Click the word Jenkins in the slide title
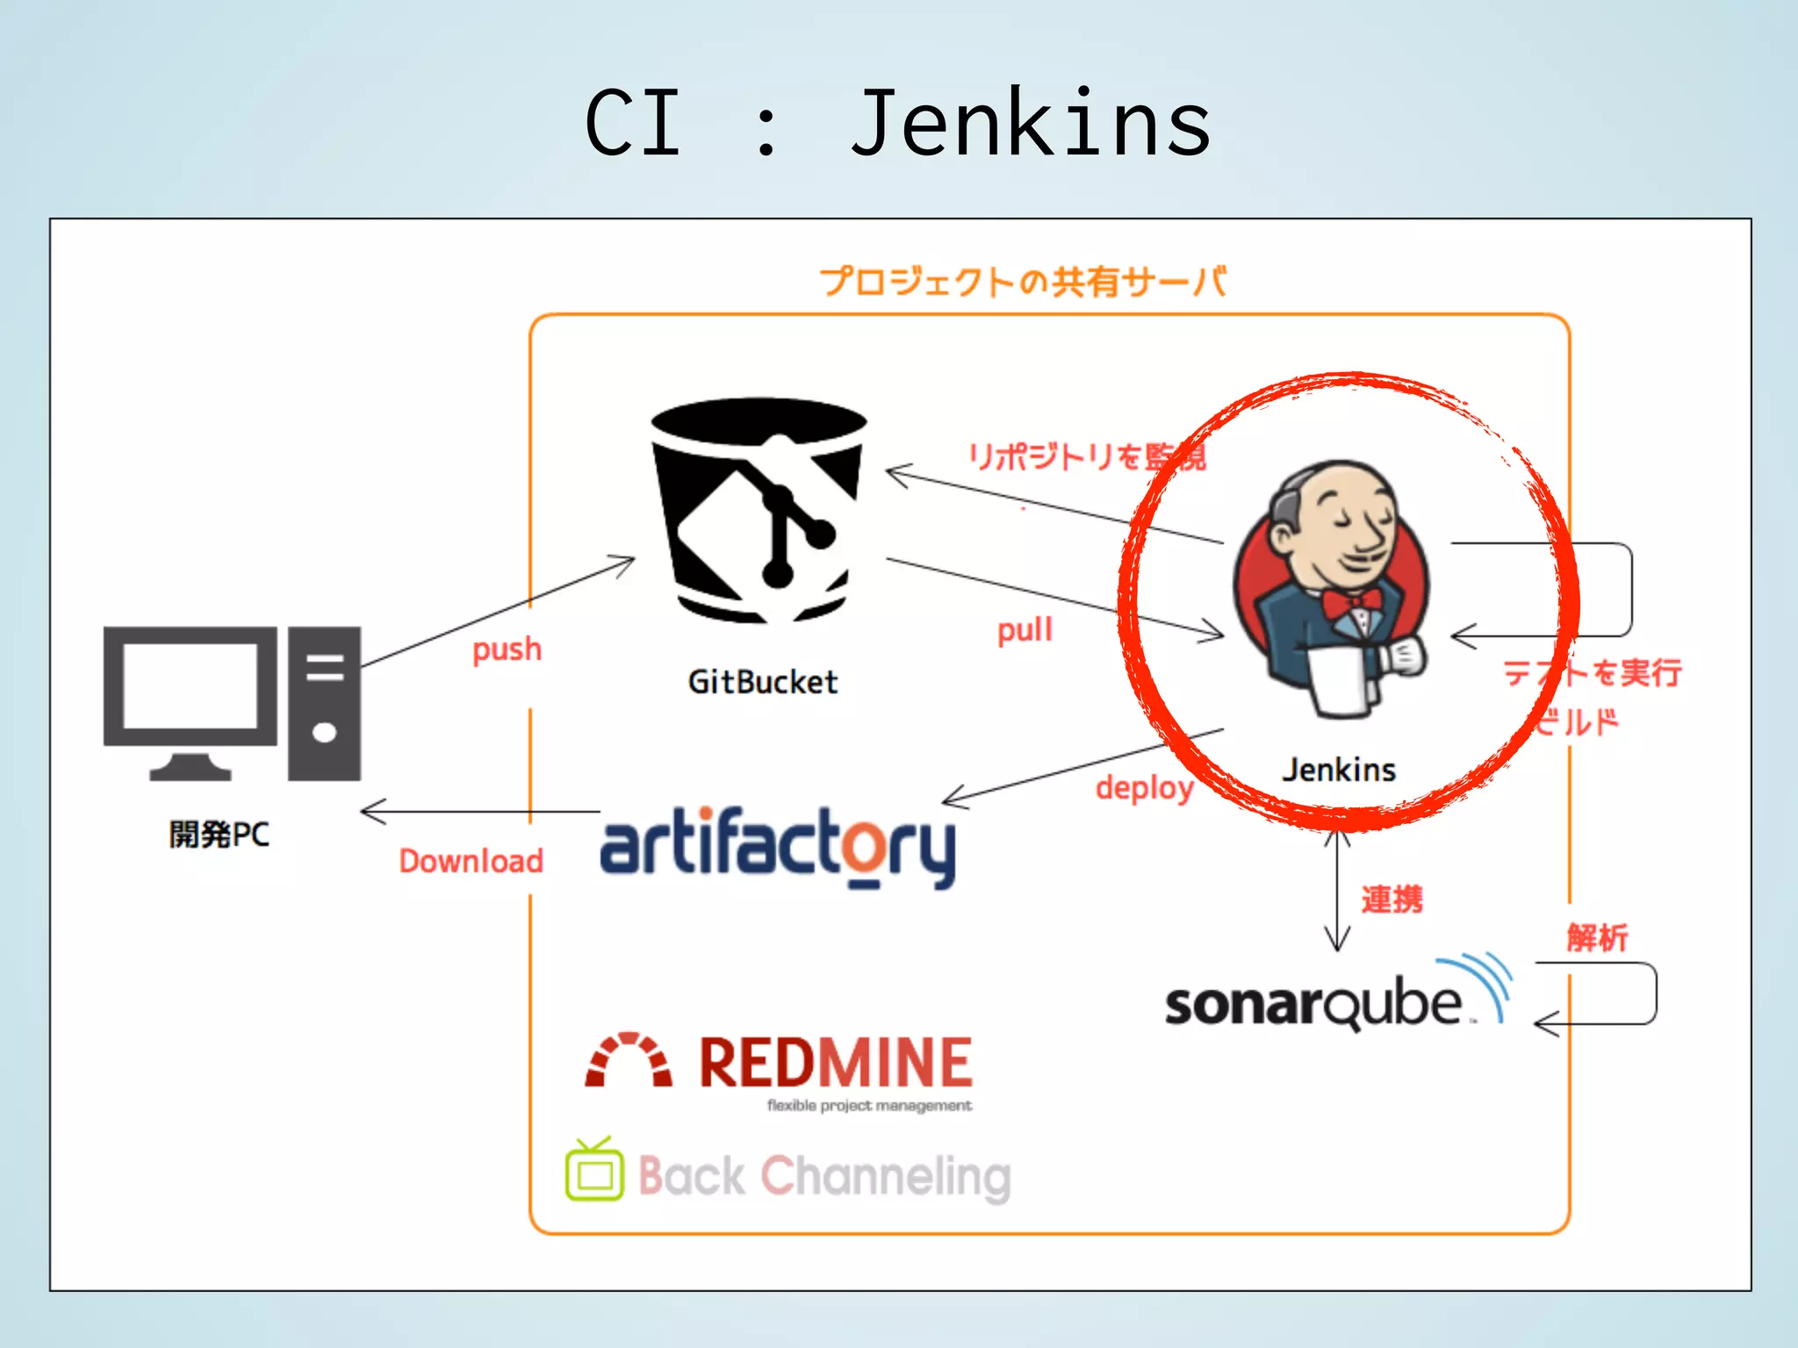(1031, 125)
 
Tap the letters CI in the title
(633, 125)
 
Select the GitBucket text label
(762, 682)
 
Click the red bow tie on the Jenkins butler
(1352, 603)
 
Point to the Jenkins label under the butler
(1339, 770)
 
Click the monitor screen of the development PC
(190, 685)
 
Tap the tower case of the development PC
(324, 703)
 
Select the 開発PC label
(219, 834)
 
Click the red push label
(507, 650)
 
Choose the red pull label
(1025, 630)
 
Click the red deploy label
(1144, 788)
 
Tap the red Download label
(471, 861)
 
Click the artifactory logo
(778, 846)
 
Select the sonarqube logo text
(1313, 1004)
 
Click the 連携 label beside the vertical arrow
(1392, 900)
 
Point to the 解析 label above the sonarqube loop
(1597, 937)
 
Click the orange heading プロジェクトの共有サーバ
(1023, 282)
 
